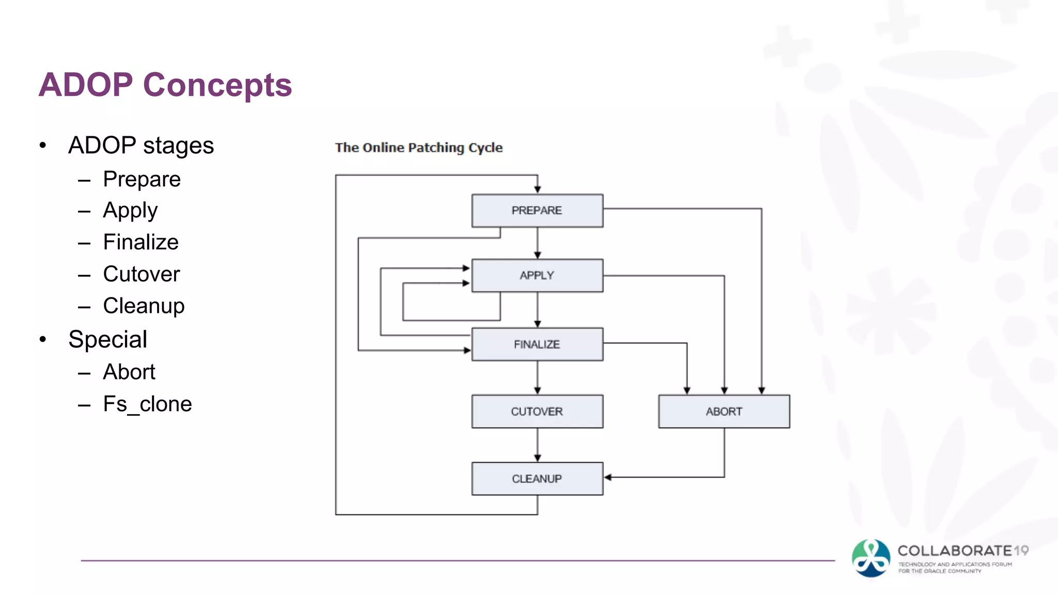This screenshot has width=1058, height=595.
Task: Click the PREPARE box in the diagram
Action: point(537,211)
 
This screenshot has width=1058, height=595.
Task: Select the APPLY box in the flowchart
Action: point(537,276)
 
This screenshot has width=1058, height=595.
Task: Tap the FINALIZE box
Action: point(537,344)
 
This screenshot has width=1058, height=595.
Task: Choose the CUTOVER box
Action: point(537,412)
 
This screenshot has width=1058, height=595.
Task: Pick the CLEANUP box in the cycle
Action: point(537,479)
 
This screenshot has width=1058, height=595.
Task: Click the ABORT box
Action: point(724,412)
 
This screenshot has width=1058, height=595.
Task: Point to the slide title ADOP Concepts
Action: point(165,85)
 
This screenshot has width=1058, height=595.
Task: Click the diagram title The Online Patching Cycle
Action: point(418,148)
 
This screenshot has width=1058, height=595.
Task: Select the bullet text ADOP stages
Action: point(141,145)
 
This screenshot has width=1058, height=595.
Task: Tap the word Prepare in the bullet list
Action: point(142,179)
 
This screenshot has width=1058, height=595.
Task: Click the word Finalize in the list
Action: point(141,242)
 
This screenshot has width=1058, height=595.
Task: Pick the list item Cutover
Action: point(141,274)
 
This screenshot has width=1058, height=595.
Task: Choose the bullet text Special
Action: point(107,339)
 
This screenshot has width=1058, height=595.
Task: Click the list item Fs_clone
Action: point(147,404)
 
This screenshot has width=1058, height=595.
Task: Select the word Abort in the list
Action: point(129,372)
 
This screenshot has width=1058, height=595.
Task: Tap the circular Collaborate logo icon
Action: point(871,558)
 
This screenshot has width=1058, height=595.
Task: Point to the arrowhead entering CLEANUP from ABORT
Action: point(608,477)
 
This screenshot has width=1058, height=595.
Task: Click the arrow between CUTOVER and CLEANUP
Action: point(537,445)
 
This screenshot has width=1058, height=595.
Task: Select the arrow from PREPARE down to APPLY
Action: point(537,243)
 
